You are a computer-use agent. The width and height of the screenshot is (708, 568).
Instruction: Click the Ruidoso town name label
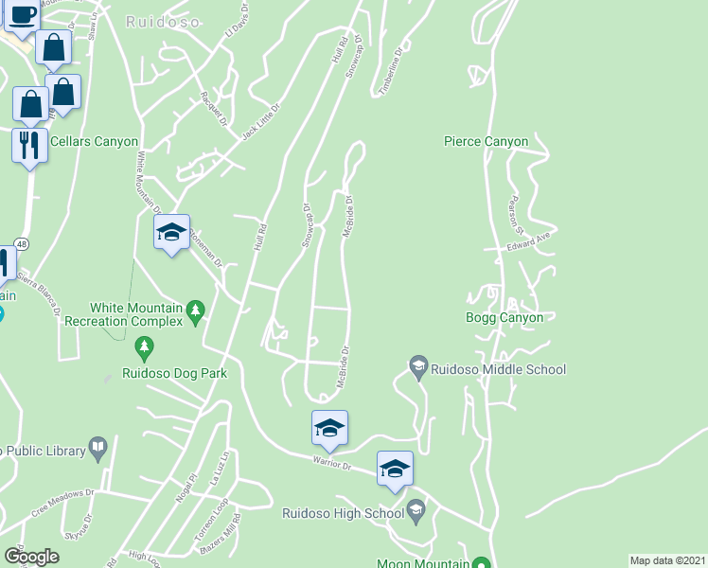[x=163, y=21]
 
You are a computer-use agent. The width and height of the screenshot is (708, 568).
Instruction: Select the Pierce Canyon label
[x=486, y=141]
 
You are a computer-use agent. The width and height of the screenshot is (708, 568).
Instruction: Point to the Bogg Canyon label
[x=504, y=317]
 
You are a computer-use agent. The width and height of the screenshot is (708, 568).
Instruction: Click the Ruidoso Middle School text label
[x=498, y=369]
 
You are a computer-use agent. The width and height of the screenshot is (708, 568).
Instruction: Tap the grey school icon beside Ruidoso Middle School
[x=418, y=364]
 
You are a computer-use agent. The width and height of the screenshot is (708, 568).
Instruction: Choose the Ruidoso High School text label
[x=344, y=513]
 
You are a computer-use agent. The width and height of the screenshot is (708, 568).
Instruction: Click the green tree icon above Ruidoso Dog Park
[x=144, y=349]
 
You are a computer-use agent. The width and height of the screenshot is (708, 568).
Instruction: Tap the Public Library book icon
[x=97, y=446]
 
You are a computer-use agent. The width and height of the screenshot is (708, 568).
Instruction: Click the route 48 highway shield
[x=21, y=244]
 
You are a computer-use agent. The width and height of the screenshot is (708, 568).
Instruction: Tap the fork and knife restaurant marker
[x=29, y=145]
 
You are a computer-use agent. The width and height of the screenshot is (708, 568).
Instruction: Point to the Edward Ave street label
[x=528, y=242]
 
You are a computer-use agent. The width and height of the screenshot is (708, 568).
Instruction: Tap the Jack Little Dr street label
[x=262, y=121]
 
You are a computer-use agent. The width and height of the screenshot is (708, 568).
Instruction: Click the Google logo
[x=31, y=557]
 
